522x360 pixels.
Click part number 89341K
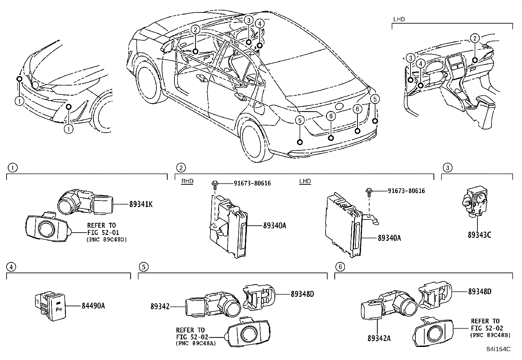(141, 204)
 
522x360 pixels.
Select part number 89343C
(479, 235)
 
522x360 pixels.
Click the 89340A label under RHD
(274, 225)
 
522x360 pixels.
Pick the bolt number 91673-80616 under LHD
(406, 191)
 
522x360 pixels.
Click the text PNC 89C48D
(107, 239)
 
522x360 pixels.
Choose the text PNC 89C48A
(196, 343)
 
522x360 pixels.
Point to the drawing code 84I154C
(498, 349)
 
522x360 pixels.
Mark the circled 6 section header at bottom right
(340, 267)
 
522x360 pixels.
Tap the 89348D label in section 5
(302, 294)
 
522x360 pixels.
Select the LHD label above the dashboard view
(399, 19)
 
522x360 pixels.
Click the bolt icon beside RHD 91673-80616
(215, 183)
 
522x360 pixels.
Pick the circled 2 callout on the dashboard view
(474, 39)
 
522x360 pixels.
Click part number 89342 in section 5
(160, 306)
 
